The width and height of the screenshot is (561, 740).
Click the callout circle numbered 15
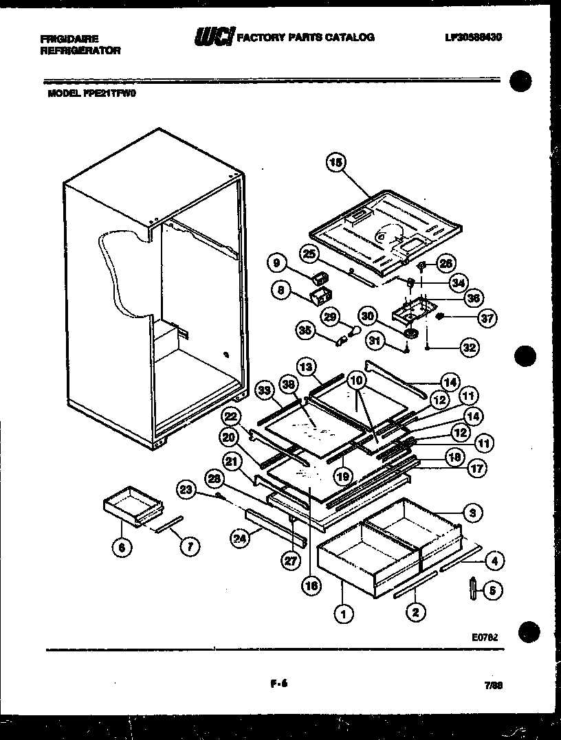(335, 163)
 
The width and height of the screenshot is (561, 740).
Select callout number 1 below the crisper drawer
(341, 614)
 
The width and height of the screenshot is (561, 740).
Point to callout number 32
(469, 348)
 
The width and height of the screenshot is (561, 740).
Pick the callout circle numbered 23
(185, 490)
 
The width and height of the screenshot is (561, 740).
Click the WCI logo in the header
(214, 36)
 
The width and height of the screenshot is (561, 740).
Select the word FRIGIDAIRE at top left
(69, 38)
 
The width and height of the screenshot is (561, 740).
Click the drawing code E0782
(484, 637)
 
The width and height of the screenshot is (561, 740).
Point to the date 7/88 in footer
(492, 684)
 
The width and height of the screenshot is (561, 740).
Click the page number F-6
(278, 684)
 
